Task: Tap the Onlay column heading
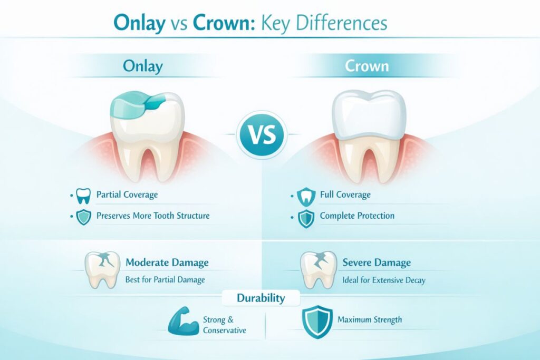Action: click(x=142, y=66)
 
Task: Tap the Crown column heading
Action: click(x=367, y=66)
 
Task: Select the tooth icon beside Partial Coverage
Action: click(x=84, y=196)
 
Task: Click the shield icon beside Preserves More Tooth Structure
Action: click(x=84, y=217)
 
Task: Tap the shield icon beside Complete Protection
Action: click(x=306, y=217)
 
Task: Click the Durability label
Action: click(x=261, y=298)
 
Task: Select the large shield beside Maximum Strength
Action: click(x=316, y=321)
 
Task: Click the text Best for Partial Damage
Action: click(x=165, y=280)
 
